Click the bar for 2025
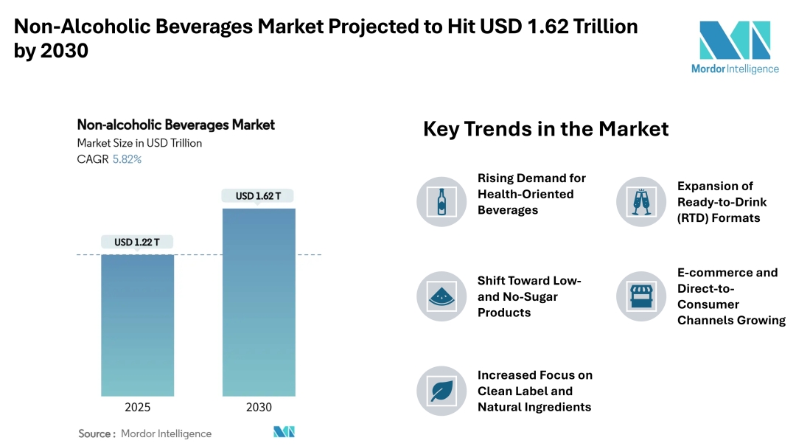point(137,325)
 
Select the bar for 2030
point(259,302)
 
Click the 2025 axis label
point(137,407)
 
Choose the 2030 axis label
point(259,407)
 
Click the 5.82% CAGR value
point(127,158)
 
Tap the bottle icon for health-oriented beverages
point(441,201)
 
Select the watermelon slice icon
point(441,296)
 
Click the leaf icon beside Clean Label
point(441,391)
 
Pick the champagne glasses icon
point(640,201)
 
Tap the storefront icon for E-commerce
point(640,296)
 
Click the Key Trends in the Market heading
point(545,129)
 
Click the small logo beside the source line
point(284,432)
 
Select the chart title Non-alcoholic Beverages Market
point(175,125)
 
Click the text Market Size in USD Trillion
point(139,143)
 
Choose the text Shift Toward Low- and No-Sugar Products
point(529,296)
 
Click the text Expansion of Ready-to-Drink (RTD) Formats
point(722,201)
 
